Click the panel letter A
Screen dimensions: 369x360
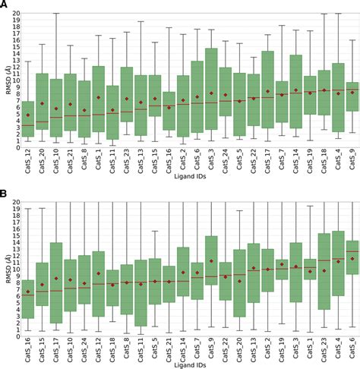[5, 6]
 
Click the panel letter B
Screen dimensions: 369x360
[5, 195]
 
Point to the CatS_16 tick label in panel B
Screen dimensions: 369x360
[28, 350]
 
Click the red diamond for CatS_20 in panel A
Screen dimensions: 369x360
[42, 103]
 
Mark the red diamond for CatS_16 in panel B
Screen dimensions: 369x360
[28, 292]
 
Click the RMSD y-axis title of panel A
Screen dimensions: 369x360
[6, 79]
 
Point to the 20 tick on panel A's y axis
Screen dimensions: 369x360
[14, 14]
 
